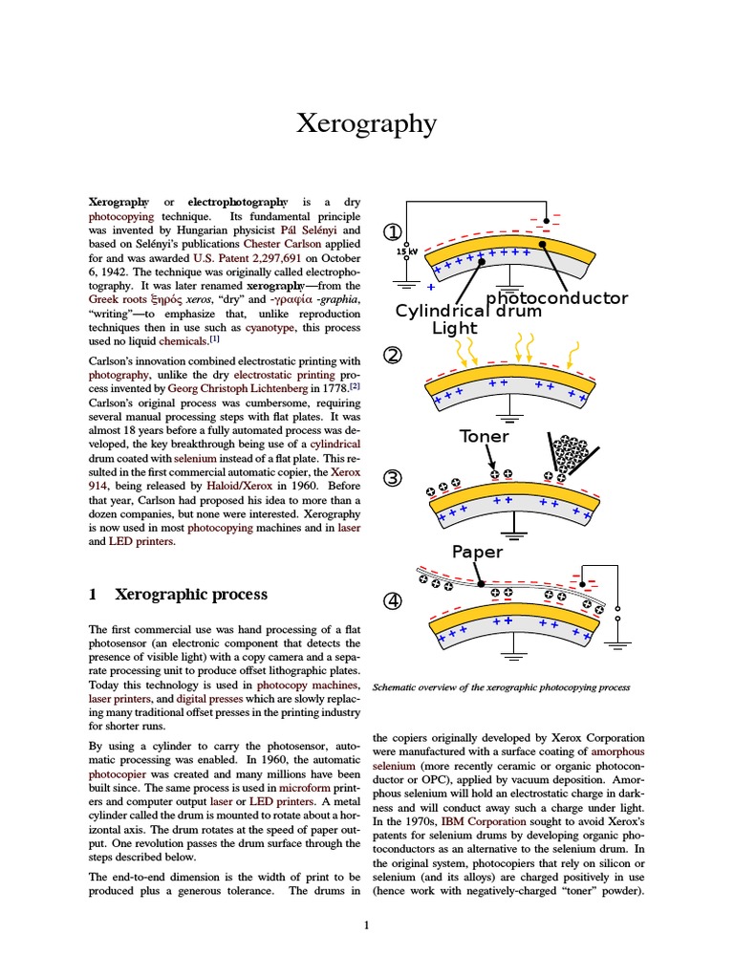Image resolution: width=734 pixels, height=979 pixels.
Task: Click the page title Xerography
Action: (366, 123)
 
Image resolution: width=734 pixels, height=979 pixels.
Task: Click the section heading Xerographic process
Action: (191, 594)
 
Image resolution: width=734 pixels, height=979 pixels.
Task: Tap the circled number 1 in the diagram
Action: (393, 232)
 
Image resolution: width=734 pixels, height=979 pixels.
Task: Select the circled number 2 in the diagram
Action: (393, 356)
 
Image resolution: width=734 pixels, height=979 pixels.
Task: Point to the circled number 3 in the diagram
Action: (393, 478)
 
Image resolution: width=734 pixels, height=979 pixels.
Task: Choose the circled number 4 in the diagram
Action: (393, 601)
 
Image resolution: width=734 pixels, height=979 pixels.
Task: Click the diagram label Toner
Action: (485, 436)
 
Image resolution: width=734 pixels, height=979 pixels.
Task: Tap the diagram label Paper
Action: (477, 552)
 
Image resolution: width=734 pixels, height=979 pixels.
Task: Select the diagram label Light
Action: (455, 329)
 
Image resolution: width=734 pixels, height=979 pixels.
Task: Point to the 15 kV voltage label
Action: (407, 251)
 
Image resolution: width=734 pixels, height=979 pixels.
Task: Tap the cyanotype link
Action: (272, 326)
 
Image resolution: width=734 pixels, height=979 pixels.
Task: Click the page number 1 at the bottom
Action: (366, 925)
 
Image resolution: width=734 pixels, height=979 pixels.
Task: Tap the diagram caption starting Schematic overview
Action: (501, 686)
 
